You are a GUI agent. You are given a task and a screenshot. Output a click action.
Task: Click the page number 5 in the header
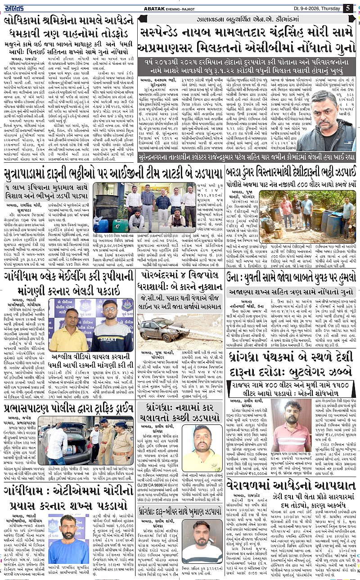(348, 8)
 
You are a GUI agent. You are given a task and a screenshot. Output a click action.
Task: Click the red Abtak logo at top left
(16, 8)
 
